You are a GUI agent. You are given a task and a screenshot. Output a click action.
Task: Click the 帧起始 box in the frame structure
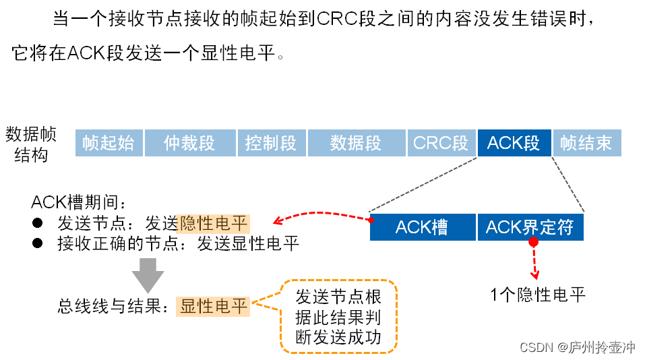[108, 143]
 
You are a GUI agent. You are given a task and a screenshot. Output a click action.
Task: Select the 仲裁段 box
[189, 143]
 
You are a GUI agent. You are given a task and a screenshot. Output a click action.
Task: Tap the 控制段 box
[271, 143]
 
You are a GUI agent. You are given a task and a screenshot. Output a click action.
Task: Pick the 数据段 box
[356, 143]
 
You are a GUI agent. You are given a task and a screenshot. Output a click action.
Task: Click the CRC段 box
[441, 143]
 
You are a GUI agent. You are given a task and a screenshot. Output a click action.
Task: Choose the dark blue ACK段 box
[514, 143]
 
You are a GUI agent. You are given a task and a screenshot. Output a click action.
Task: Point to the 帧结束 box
[586, 143]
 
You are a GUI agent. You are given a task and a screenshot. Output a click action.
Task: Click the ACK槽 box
[422, 228]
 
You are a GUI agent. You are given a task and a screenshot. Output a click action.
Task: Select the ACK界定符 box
[530, 228]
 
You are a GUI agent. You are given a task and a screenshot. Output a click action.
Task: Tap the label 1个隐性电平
[537, 294]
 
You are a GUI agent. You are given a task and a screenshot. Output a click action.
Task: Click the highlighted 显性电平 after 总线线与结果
[214, 307]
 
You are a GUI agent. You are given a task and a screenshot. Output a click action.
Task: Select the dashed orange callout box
[338, 316]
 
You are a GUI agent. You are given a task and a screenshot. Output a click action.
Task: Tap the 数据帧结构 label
[31, 144]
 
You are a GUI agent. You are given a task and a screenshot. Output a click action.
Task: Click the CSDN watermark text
[578, 347]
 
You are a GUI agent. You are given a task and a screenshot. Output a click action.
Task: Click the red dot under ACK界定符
[533, 242]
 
